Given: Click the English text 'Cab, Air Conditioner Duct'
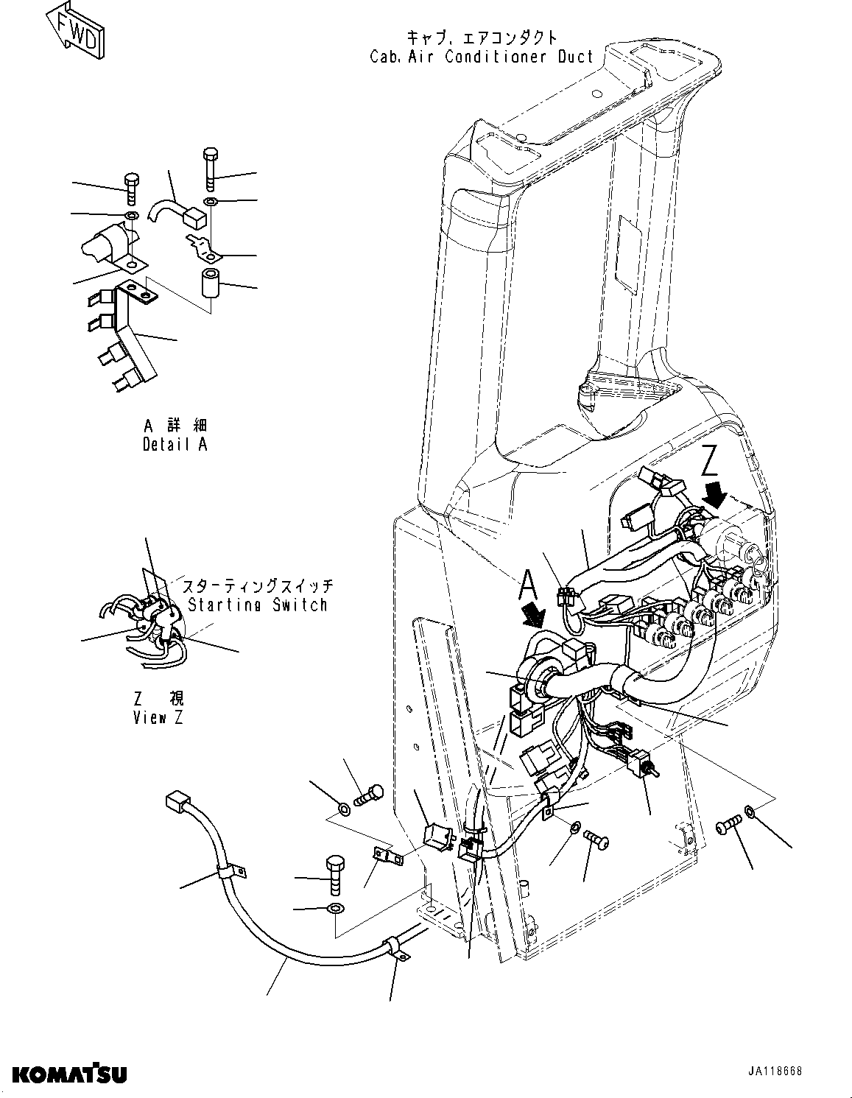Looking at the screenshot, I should coord(482,57).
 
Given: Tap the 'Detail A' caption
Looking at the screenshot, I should coord(175,445).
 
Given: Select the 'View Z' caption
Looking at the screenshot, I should coord(158,718).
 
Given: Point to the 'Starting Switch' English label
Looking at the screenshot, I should coord(257,605).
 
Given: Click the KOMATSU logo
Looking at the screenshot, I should coord(68,1073).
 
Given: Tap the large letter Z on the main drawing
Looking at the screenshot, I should coord(710,462).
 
